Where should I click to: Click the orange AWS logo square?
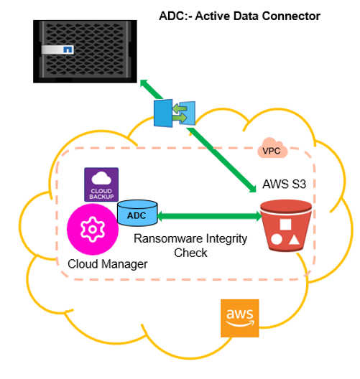239,318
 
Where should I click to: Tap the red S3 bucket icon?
286,226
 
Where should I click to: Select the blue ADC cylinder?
137,213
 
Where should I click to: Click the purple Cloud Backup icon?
101,184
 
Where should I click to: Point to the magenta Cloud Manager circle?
93,229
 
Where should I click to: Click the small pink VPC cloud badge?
272,148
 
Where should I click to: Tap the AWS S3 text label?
285,184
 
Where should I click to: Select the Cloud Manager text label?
107,264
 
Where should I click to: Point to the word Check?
190,253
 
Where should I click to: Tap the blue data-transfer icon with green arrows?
175,113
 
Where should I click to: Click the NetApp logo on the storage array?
68,50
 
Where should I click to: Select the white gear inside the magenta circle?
93,229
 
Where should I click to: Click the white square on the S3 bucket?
285,224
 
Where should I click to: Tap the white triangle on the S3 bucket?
294,240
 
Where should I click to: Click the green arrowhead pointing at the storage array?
144,84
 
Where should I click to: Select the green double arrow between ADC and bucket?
210,216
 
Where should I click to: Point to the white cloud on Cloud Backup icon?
101,178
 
